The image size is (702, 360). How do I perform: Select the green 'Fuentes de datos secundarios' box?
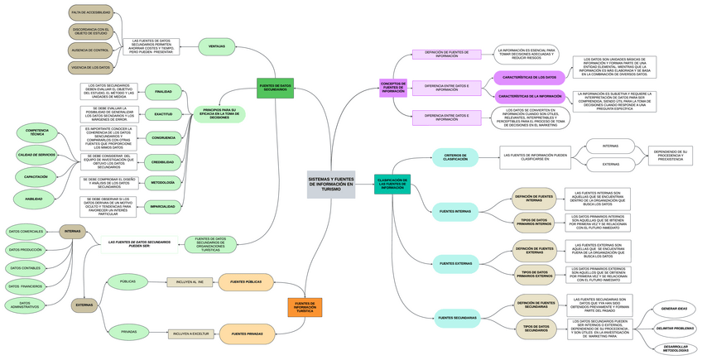click(275, 87)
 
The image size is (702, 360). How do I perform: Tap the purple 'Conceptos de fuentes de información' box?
click(392, 87)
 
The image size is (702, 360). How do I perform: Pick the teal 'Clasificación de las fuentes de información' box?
click(392, 185)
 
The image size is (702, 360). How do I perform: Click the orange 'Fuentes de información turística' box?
click(305, 307)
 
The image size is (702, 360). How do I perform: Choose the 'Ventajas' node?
click(217, 46)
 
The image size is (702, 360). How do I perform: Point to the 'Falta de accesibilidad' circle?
click(91, 13)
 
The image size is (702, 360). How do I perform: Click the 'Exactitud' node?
click(163, 113)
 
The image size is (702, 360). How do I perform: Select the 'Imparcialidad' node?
click(163, 205)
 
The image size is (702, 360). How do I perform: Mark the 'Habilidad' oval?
click(34, 199)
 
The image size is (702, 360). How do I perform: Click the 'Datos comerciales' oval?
click(25, 231)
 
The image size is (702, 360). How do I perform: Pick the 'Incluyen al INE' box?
click(190, 282)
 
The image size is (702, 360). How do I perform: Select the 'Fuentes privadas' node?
click(247, 334)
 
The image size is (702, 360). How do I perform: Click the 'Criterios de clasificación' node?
click(454, 156)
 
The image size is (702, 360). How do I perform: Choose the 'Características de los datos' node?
click(530, 77)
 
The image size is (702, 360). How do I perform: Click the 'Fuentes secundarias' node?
click(457, 317)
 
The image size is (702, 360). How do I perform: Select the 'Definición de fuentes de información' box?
click(446, 54)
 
